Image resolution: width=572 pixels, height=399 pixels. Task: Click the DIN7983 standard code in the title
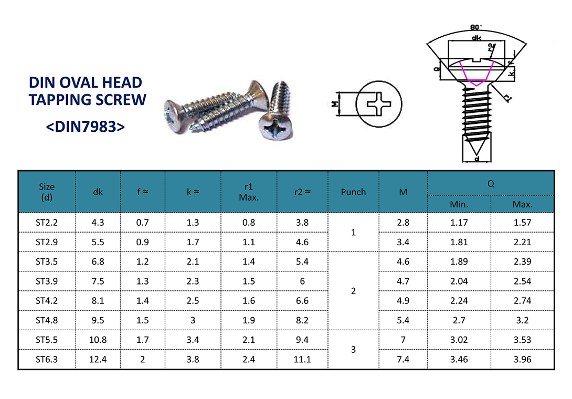pos(86,127)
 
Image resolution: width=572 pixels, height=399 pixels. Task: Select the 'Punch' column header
pos(353,192)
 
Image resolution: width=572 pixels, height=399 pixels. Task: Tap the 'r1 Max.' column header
pos(248,192)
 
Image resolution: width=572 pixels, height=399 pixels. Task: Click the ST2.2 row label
pos(47,223)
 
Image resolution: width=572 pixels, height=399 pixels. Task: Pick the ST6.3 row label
pos(47,360)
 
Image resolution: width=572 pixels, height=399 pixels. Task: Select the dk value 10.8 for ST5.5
pos(98,340)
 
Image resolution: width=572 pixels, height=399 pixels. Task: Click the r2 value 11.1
pos(302,360)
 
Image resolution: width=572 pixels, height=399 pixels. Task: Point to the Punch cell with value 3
pos(353,350)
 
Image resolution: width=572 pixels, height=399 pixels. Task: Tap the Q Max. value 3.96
pos(523,360)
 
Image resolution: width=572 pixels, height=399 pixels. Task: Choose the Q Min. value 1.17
pos(459,223)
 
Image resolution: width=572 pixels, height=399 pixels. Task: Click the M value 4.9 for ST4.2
pos(403,301)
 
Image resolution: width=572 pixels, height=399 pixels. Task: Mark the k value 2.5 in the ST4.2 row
pos(193,301)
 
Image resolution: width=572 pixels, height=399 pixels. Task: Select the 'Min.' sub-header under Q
pos(459,204)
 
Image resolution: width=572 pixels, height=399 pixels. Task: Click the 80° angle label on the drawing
pos(476,27)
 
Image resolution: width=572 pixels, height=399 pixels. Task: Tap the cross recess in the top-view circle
pos(378,103)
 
